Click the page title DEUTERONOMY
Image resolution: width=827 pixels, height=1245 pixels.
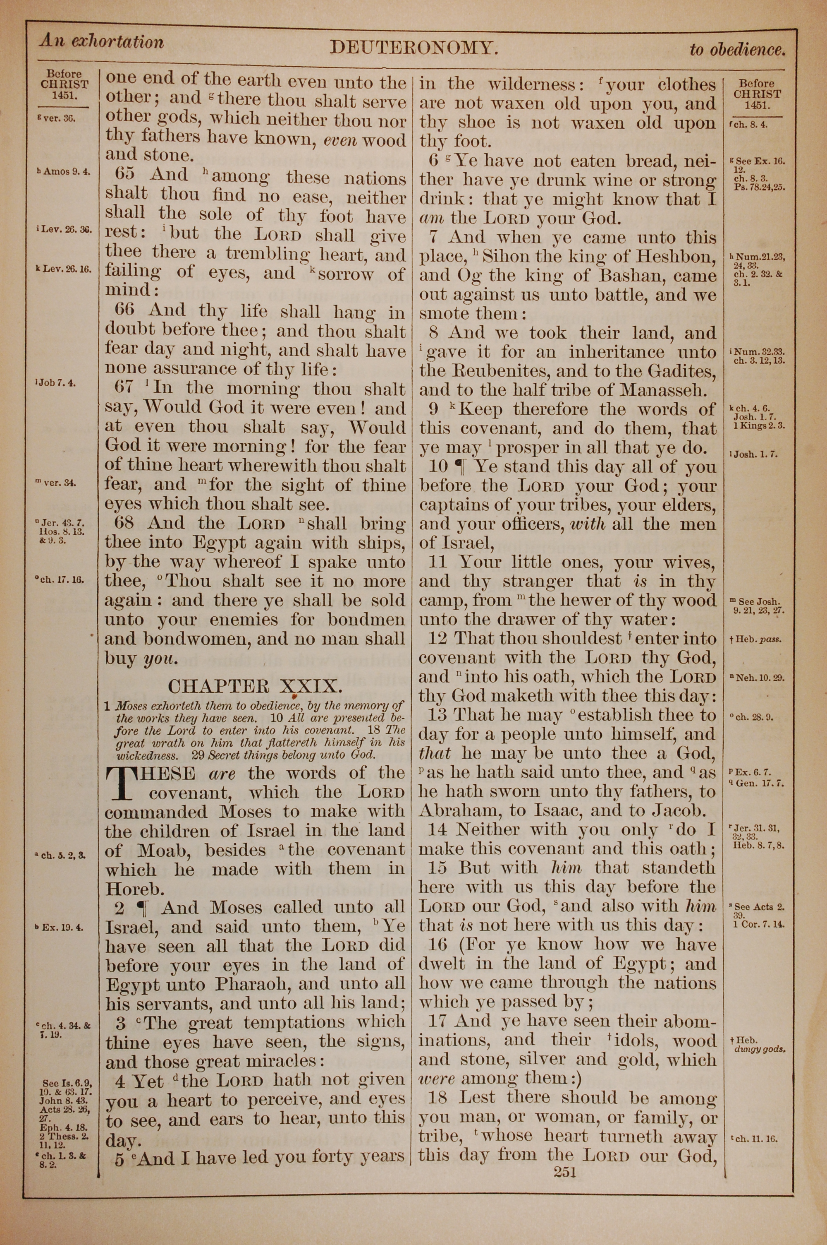pos(414,48)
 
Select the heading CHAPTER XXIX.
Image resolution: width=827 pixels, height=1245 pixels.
pos(255,686)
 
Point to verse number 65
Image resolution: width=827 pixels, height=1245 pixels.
pos(125,175)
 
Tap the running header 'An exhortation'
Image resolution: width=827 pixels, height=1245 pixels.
pos(101,42)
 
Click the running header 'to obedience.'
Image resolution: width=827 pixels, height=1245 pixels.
pos(737,50)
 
